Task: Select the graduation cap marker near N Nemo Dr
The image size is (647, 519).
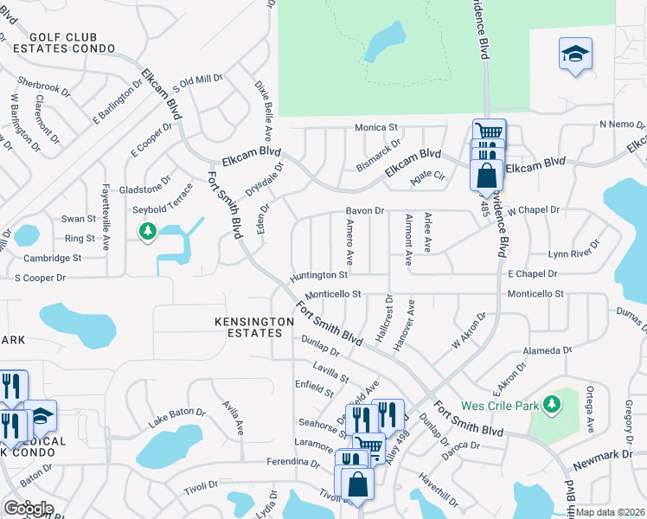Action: pos(574,54)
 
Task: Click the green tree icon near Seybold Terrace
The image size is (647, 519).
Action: pos(148,231)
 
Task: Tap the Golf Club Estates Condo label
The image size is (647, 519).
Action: pos(72,43)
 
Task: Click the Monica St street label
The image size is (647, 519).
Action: pos(375,127)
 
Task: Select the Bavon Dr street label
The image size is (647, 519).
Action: pos(364,210)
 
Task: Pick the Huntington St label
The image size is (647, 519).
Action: pos(318,274)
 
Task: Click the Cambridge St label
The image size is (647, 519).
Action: pos(53,258)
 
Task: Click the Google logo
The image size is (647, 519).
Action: pos(28,509)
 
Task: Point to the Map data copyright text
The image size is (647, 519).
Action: pos(611,512)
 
